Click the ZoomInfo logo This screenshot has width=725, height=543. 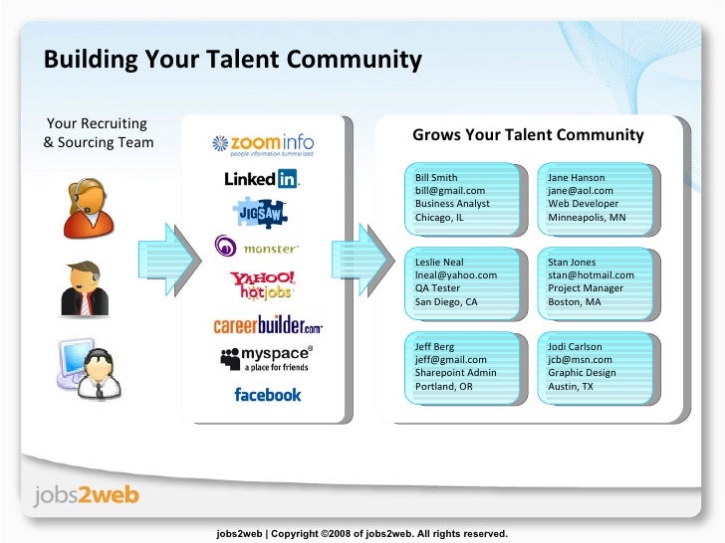[264, 145]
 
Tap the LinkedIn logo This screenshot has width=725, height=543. [262, 180]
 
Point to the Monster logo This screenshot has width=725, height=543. [256, 247]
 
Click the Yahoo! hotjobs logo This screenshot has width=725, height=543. [262, 285]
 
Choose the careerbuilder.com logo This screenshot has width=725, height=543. [267, 325]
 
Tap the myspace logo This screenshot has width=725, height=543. [264, 359]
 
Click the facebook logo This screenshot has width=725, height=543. [267, 395]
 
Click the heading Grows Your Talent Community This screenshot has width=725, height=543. [528, 135]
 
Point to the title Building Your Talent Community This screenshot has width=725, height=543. [232, 60]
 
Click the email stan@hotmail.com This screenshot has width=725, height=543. [591, 275]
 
